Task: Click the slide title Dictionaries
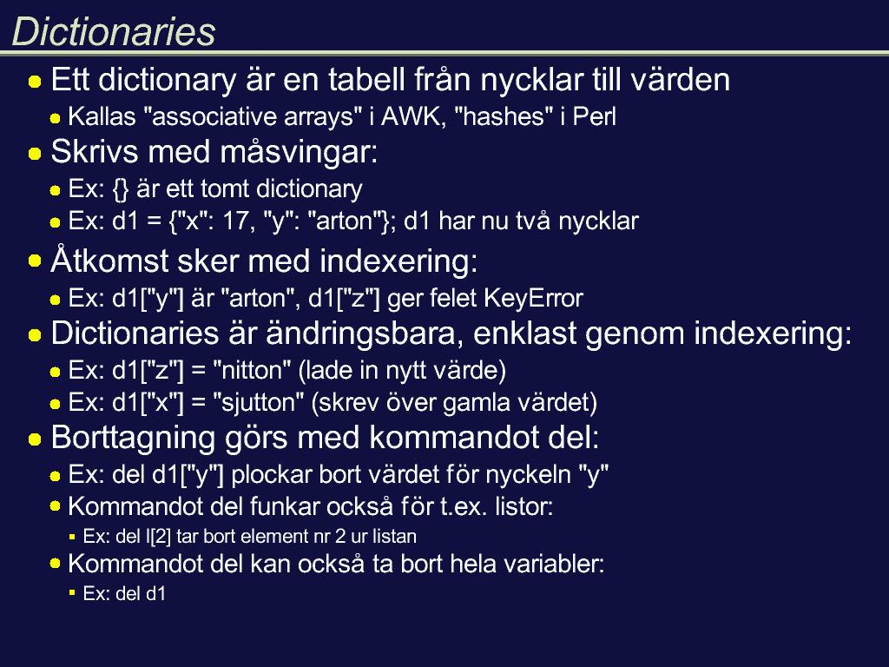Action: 114,31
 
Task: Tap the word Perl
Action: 594,117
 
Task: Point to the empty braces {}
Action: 121,189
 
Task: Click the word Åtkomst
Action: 109,261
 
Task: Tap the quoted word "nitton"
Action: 252,370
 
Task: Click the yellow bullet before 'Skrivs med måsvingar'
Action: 35,155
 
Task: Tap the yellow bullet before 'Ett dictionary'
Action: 35,82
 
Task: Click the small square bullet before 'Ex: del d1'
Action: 72,592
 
